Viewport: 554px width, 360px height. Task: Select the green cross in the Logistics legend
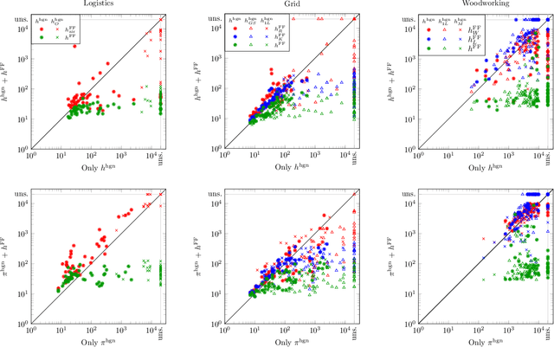point(58,38)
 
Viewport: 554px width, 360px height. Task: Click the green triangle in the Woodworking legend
point(440,38)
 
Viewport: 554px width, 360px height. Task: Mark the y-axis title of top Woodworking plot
point(384,81)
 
